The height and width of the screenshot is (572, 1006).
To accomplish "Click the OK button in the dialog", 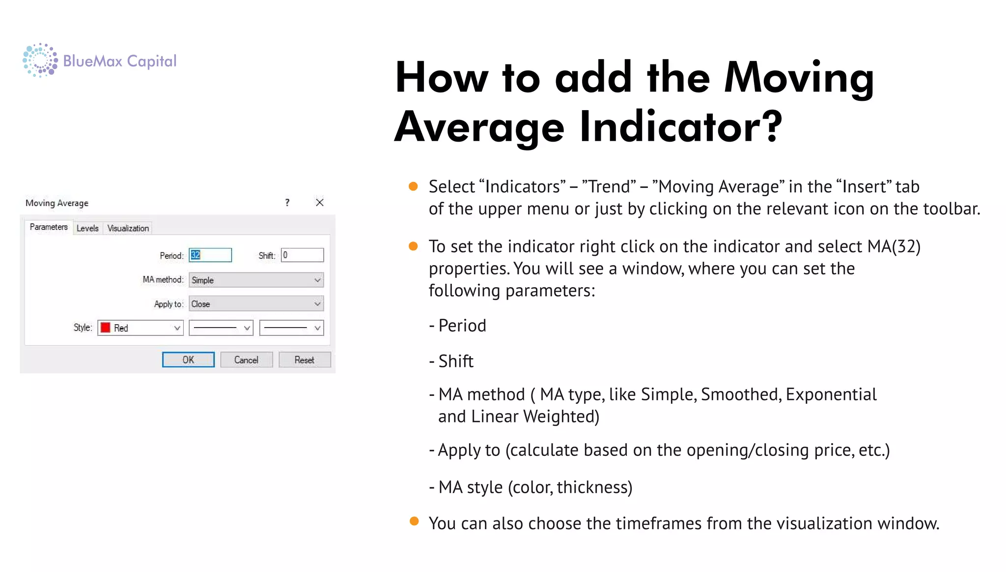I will [188, 360].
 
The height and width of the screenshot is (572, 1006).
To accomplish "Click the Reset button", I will [305, 360].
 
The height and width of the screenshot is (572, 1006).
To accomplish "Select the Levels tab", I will [87, 228].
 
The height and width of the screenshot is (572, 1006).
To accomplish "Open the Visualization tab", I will [128, 228].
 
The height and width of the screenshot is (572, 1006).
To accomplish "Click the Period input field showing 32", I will [210, 255].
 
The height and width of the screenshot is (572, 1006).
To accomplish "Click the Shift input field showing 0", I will [302, 255].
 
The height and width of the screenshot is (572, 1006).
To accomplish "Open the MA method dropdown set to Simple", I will [256, 280].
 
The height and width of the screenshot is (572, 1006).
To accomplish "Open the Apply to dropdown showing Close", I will [256, 304].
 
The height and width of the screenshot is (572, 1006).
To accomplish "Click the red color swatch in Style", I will [106, 328].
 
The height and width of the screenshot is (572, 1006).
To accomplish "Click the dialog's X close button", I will [320, 203].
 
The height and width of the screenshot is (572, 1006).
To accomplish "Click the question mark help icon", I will [287, 203].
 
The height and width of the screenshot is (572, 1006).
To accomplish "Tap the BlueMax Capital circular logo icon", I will [40, 60].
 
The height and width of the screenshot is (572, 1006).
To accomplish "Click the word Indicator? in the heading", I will [680, 126].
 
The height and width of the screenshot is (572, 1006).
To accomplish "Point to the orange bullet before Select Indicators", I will [413, 186].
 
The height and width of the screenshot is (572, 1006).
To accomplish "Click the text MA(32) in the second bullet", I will [894, 246].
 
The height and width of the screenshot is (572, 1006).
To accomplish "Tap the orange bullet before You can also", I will [414, 521].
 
